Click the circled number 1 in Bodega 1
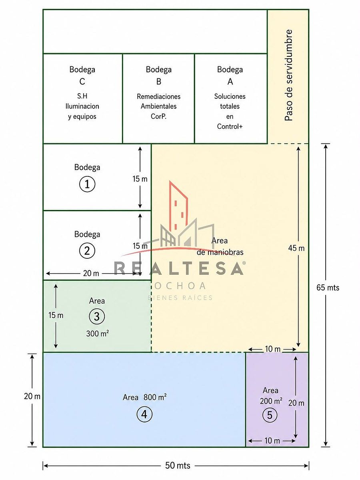tap(87, 184)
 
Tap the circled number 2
tap(87, 251)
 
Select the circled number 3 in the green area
tap(97, 316)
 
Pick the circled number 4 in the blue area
tap(144, 414)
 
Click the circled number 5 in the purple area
tap(270, 415)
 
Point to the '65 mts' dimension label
tap(328, 288)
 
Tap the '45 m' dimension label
tap(296, 248)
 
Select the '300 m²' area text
tap(98, 333)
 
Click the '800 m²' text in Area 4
tap(155, 397)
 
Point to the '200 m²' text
tap(271, 401)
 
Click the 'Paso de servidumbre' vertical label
tap(288, 75)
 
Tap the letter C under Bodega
tap(82, 82)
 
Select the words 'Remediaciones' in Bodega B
tap(158, 96)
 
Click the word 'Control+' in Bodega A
tap(230, 126)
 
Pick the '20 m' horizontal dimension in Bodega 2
tap(91, 273)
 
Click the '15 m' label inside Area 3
tap(56, 315)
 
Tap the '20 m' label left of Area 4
tap(32, 396)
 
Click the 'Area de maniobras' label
tap(220, 246)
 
